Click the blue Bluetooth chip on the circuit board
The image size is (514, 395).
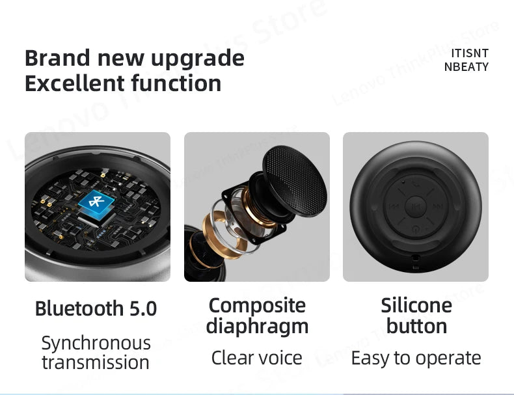(96, 204)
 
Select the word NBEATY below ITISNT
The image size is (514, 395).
(466, 66)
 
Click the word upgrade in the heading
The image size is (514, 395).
(196, 59)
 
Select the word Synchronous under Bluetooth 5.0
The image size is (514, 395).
(96, 343)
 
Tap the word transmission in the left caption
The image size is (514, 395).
(96, 362)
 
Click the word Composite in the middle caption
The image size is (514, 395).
(257, 305)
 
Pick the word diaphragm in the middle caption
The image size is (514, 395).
(257, 325)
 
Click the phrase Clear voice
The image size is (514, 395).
(257, 357)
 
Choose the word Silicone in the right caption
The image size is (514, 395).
(416, 305)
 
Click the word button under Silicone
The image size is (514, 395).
(416, 325)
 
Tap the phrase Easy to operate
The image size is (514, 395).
(416, 357)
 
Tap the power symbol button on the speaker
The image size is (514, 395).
(416, 228)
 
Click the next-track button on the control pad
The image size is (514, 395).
(437, 208)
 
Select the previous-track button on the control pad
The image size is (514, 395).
(394, 208)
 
